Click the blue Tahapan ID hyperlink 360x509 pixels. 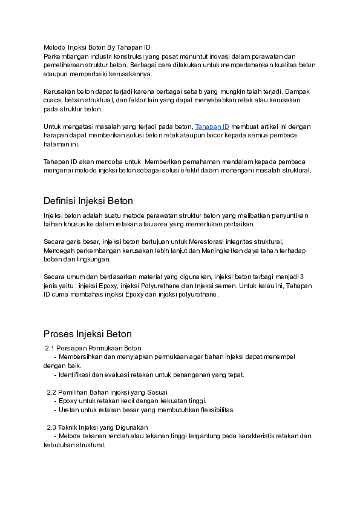212,127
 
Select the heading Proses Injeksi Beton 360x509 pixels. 88,334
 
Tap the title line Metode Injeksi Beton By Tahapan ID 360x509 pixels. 97,47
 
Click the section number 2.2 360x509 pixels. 52,392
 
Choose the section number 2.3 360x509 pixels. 52,427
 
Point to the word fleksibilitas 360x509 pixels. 213,410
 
